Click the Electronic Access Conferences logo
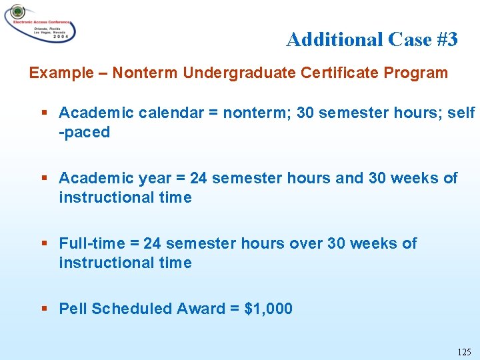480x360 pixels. [x=40, y=23]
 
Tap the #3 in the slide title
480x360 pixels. [x=447, y=40]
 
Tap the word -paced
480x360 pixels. [x=84, y=132]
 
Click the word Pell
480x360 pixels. [x=73, y=309]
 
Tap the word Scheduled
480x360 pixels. [x=131, y=309]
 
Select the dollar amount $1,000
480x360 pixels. [x=269, y=309]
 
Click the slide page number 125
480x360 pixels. [x=464, y=351]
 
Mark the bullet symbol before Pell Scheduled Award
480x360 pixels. [x=44, y=309]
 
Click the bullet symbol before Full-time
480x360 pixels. [x=44, y=243]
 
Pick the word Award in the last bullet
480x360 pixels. [x=198, y=309]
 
